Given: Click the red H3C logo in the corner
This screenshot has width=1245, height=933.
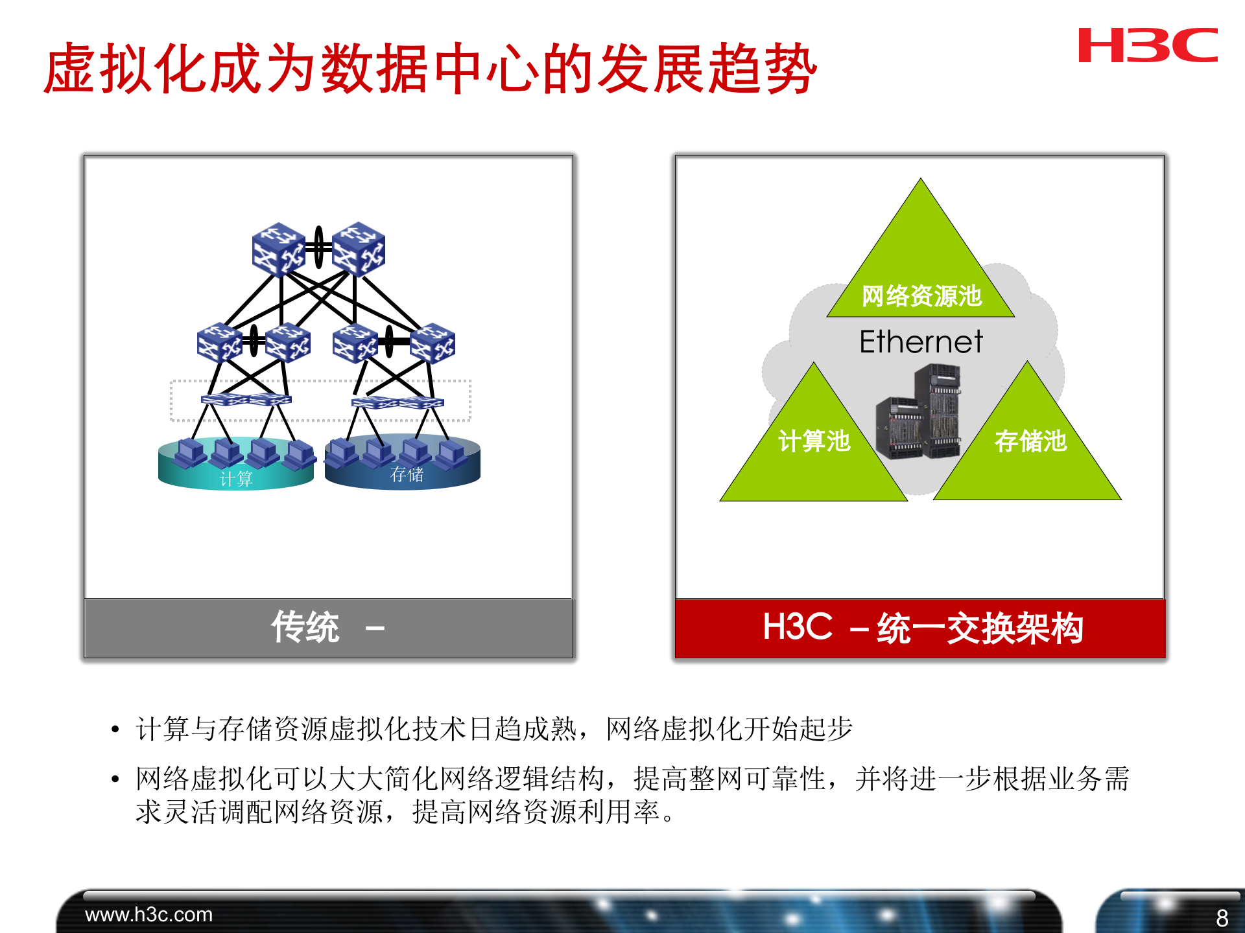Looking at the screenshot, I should pos(1147,45).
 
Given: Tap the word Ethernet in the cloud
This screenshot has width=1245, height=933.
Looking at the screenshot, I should pos(920,341).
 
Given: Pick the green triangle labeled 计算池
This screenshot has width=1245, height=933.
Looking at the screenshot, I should pos(814,447).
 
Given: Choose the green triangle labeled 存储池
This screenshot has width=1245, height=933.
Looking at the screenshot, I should pos(1029,447).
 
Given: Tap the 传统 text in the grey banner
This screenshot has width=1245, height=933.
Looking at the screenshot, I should pos(305,627).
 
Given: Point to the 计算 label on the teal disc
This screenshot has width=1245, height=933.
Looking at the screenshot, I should pos(236,479).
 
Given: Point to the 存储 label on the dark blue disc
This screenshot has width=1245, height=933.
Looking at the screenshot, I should pos(407,474).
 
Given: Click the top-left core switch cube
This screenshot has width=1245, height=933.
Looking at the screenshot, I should pos(278,249).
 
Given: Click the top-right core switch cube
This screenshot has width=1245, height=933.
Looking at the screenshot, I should pos(359,249).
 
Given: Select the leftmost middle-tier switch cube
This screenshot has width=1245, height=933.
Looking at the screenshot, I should pos(219,341).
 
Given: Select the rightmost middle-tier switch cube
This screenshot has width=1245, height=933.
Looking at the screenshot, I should pos(433,343).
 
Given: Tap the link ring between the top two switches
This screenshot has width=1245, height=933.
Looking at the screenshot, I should pos(318,247).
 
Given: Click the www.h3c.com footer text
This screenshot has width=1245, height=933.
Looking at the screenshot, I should pos(148,914).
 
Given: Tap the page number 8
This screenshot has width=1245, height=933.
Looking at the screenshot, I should pos(1222,917).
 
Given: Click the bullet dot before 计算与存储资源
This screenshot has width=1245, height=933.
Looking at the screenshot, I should pos(115,730).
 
